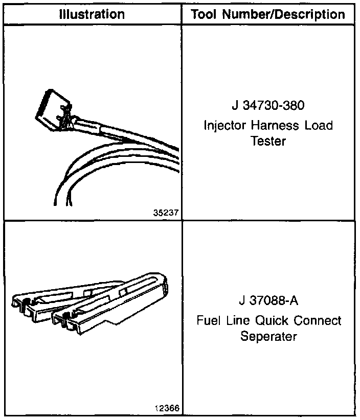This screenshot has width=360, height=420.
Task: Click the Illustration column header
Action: click(92, 14)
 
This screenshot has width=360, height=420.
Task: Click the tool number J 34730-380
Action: click(268, 108)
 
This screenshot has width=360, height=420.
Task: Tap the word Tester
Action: click(268, 141)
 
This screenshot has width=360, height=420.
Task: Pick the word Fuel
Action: click(208, 321)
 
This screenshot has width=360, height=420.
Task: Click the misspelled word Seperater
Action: click(268, 337)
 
